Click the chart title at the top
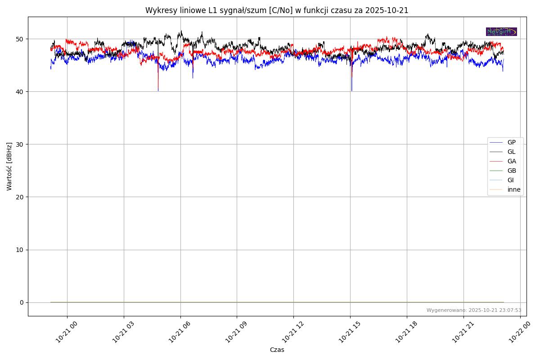pyautogui.click(x=277, y=10)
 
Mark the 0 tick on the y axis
pyautogui.click(x=22, y=302)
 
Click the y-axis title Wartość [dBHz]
pyautogui.click(x=9, y=166)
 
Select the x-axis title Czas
pyautogui.click(x=277, y=350)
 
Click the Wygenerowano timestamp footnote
pyautogui.click(x=474, y=310)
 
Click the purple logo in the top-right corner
pyautogui.click(x=501, y=31)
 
